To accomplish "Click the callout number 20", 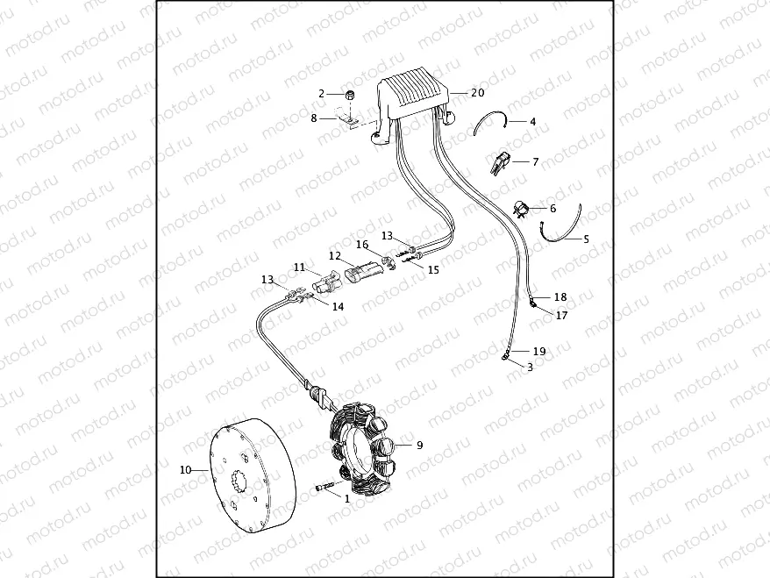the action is point(477,92).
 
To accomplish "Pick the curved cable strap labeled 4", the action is point(490,123).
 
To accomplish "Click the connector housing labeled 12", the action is point(362,272).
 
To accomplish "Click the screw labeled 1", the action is point(325,488).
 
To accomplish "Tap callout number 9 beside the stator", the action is point(419,446).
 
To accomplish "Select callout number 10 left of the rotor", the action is point(185,470).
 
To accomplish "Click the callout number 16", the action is point(362,245).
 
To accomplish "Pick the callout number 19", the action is point(539,351).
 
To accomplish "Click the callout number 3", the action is point(530,367).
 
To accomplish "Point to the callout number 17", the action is point(561,316).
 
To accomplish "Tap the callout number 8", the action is point(314,117).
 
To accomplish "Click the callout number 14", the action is point(338,306).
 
